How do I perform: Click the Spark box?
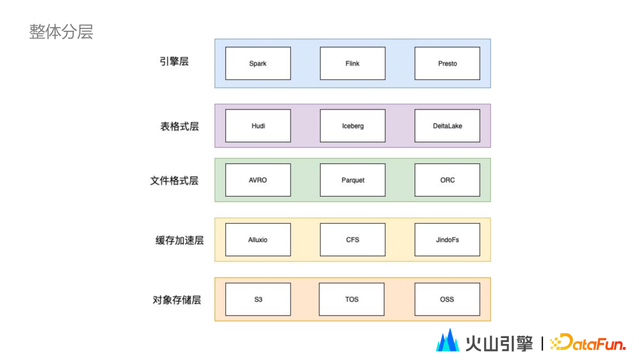click(258, 63)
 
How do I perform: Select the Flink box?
click(353, 63)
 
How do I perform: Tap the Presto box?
click(447, 63)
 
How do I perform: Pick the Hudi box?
click(258, 126)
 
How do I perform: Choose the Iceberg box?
click(353, 126)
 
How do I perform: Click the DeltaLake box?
click(447, 126)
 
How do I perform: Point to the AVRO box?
click(258, 180)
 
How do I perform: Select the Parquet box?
click(353, 180)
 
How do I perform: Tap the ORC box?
click(447, 180)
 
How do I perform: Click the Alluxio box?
click(258, 240)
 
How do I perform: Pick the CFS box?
click(353, 240)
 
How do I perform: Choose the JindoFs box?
click(447, 240)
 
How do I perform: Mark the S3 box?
click(258, 299)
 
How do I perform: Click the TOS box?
click(351, 299)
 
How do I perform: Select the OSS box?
click(447, 299)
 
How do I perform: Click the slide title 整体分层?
click(62, 32)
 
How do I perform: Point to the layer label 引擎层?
click(174, 62)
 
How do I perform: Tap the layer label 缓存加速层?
click(179, 240)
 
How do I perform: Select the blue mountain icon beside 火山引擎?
click(448, 340)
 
